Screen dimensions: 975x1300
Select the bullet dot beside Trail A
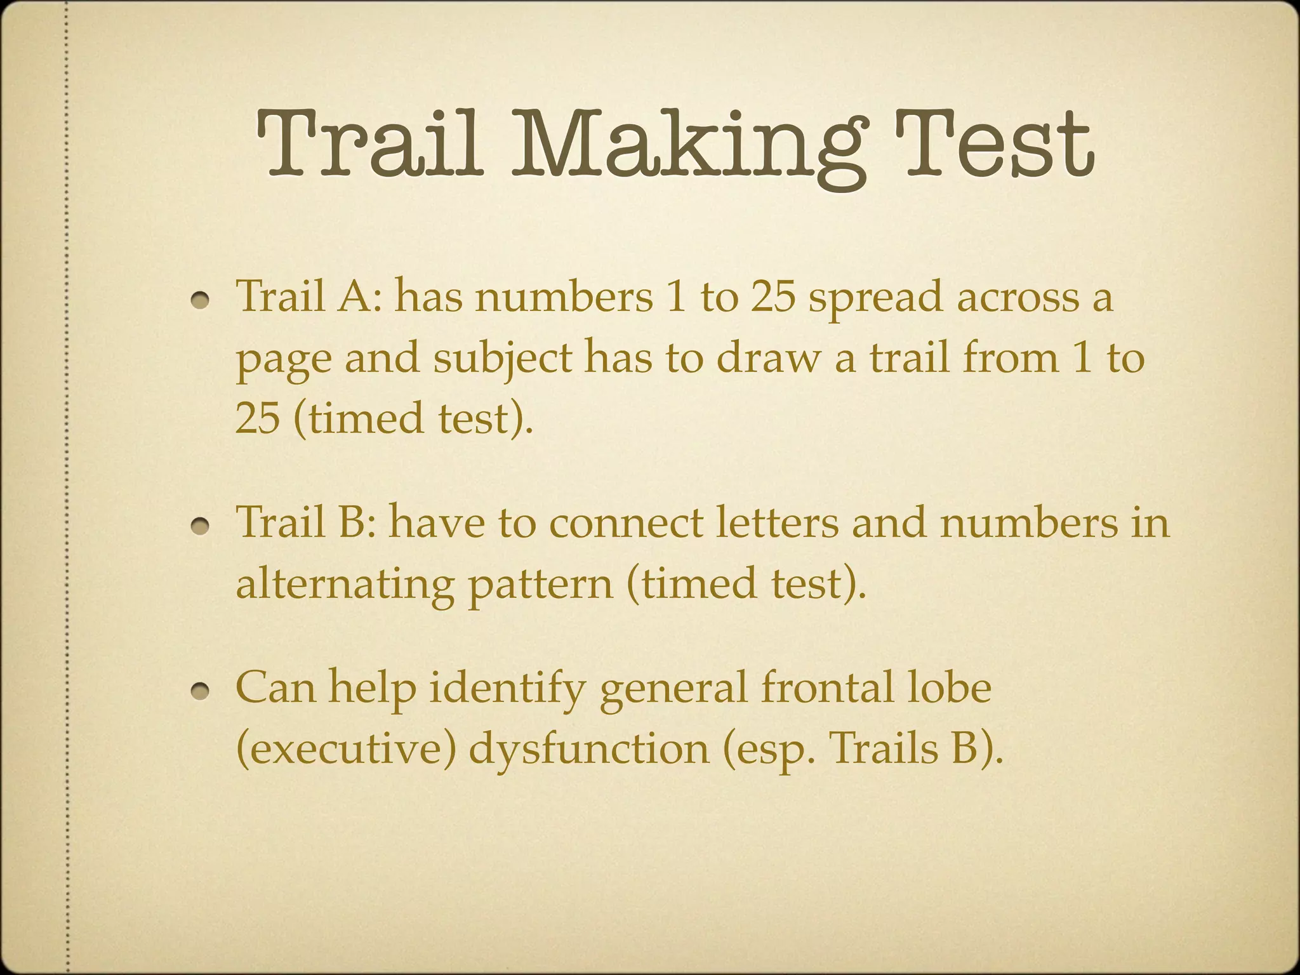[x=202, y=300]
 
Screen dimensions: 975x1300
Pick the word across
[x=1017, y=298]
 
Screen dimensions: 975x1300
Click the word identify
[x=506, y=689]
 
